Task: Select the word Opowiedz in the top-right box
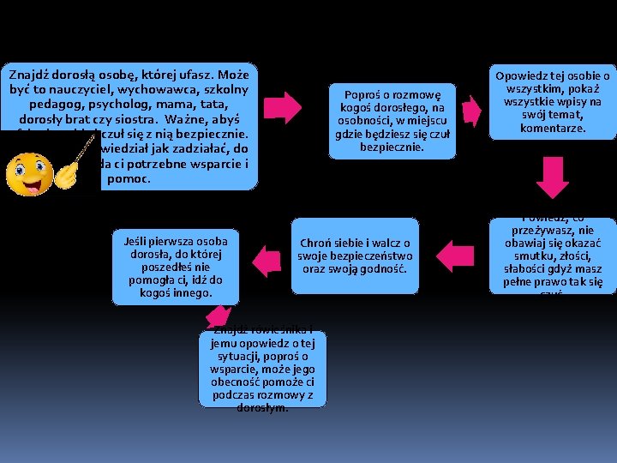[x=521, y=75]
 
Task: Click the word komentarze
[x=552, y=128]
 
